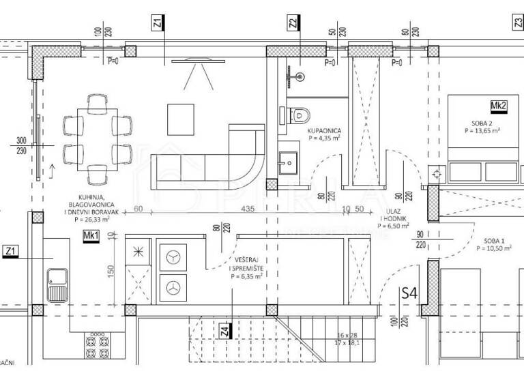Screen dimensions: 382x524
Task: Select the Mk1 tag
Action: point(91,236)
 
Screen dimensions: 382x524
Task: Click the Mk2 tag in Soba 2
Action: point(498,105)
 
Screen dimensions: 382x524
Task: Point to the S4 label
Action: point(409,295)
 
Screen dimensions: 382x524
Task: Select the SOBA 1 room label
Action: point(494,241)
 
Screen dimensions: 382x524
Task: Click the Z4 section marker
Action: point(225,332)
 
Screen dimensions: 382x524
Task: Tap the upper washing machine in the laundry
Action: point(173,258)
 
